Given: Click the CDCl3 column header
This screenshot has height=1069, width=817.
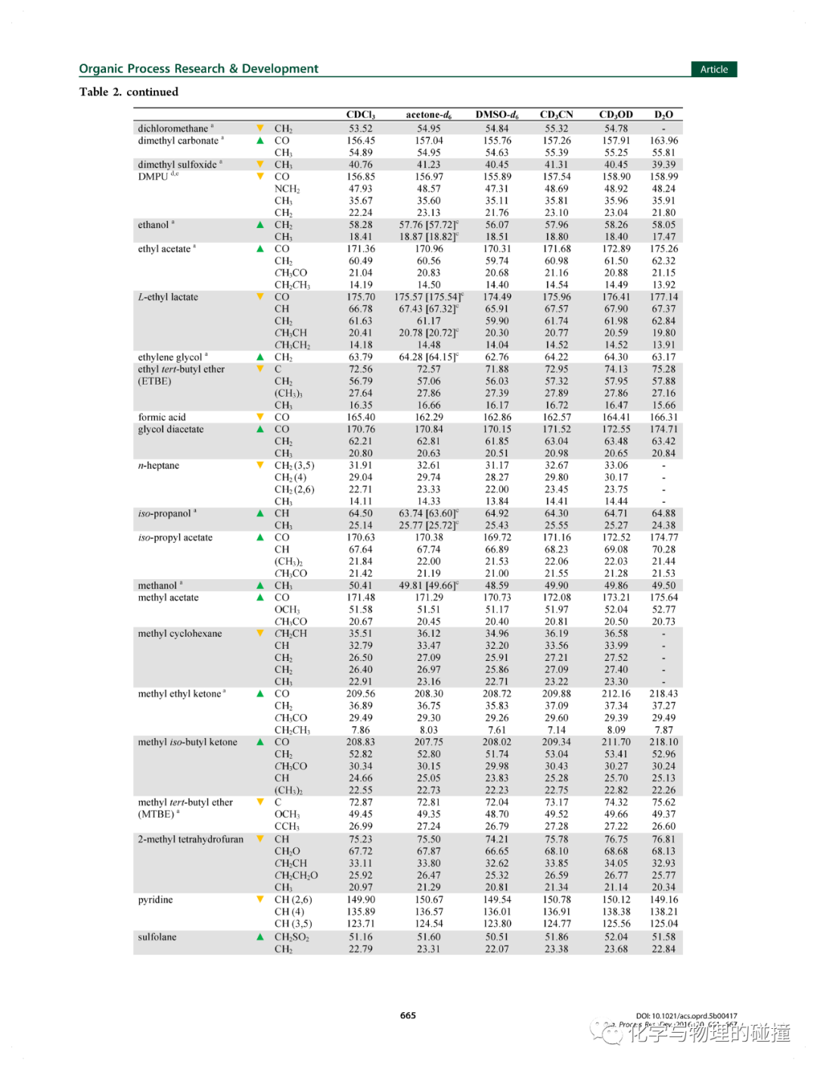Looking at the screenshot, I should (x=361, y=114).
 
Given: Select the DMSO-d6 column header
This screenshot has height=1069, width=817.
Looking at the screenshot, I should (x=497, y=114).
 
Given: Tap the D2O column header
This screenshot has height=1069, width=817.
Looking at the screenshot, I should (x=663, y=114).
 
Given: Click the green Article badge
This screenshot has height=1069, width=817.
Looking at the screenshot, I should (x=713, y=69).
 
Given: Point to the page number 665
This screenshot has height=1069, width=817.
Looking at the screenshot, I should (x=408, y=1015).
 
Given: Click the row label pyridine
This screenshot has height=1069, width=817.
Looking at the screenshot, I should (x=155, y=899).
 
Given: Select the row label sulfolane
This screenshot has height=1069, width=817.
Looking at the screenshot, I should (x=157, y=937).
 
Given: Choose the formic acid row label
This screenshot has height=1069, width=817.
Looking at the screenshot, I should (x=161, y=417).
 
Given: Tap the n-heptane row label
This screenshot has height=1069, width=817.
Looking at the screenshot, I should (x=158, y=466).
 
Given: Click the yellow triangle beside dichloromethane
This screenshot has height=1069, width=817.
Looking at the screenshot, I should (x=260, y=128).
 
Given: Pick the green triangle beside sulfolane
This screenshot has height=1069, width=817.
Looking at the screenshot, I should (x=260, y=937).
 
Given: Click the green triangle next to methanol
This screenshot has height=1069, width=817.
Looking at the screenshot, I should (x=260, y=585).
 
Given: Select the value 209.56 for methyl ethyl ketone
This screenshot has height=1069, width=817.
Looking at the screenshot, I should (x=361, y=693).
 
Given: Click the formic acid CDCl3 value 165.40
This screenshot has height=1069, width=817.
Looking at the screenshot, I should (x=361, y=417).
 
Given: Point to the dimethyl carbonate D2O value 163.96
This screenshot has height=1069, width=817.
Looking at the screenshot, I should (x=663, y=140).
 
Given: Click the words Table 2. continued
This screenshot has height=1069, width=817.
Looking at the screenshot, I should (x=129, y=92).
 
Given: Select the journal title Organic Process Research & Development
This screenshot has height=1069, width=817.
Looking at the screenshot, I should (x=198, y=68).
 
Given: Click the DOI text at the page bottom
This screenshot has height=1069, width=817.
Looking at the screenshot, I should (x=686, y=1016).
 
